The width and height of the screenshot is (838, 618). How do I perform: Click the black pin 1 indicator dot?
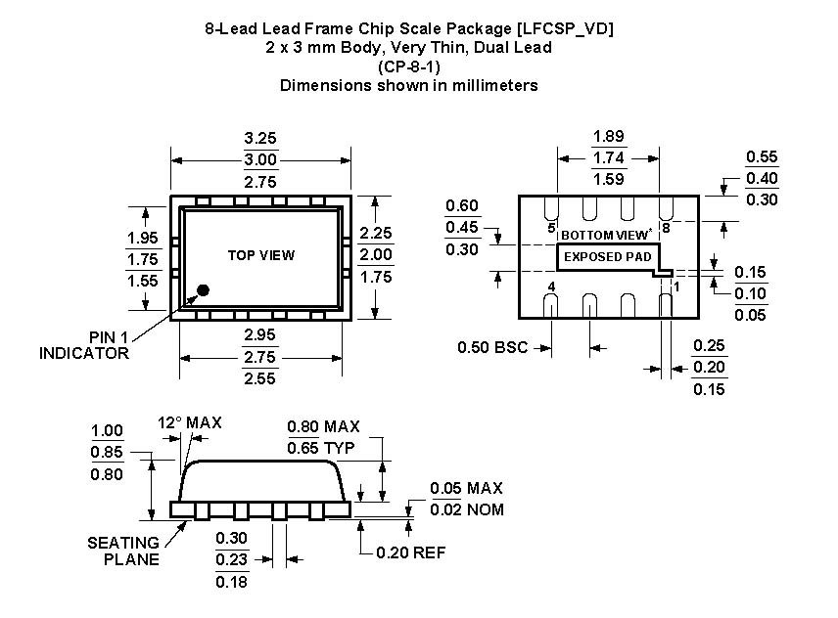(x=204, y=289)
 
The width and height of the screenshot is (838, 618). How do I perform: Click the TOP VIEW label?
(x=261, y=255)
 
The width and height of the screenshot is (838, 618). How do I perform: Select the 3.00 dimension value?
(x=260, y=159)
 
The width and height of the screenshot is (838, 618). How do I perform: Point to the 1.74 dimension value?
(x=609, y=156)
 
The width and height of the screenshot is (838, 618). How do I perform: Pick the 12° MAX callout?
(x=190, y=422)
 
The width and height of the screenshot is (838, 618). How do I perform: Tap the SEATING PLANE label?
(x=123, y=551)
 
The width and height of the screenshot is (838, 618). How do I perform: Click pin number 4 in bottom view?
(x=552, y=287)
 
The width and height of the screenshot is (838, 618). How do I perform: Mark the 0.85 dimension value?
(x=107, y=453)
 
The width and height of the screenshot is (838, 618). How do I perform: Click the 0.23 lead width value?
(x=232, y=559)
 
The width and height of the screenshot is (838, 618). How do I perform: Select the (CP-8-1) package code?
(x=408, y=66)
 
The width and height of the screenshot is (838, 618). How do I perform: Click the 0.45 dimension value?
(x=461, y=227)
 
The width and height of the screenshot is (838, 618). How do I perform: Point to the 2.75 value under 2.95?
(x=260, y=358)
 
